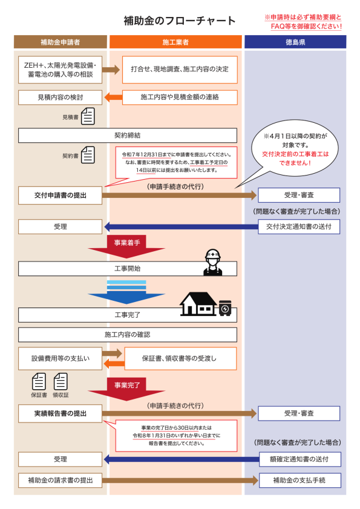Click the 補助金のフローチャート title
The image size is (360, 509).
coord(180,21)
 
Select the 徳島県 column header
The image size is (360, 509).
coord(295,42)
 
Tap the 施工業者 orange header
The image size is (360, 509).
coord(175,42)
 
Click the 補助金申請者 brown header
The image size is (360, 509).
coord(60,42)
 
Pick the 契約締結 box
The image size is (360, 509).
coord(128,136)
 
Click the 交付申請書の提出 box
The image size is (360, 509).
coord(60,195)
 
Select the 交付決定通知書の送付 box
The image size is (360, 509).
coord(299,226)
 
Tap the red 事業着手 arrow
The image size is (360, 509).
coord(126,246)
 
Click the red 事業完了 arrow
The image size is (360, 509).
coord(126,389)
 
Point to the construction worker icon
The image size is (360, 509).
coord(213,262)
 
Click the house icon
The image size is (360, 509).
coord(198,304)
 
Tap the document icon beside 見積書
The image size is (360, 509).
coord(88,116)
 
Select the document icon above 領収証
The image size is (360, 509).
coord(61,381)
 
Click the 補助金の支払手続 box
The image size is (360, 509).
coord(300,480)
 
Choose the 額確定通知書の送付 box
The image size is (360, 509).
coord(300,459)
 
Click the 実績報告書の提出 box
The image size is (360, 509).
coord(60,413)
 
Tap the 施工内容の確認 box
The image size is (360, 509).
coord(128,335)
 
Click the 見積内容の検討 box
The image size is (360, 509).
coord(60,97)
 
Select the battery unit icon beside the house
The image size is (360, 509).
coord(225,308)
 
